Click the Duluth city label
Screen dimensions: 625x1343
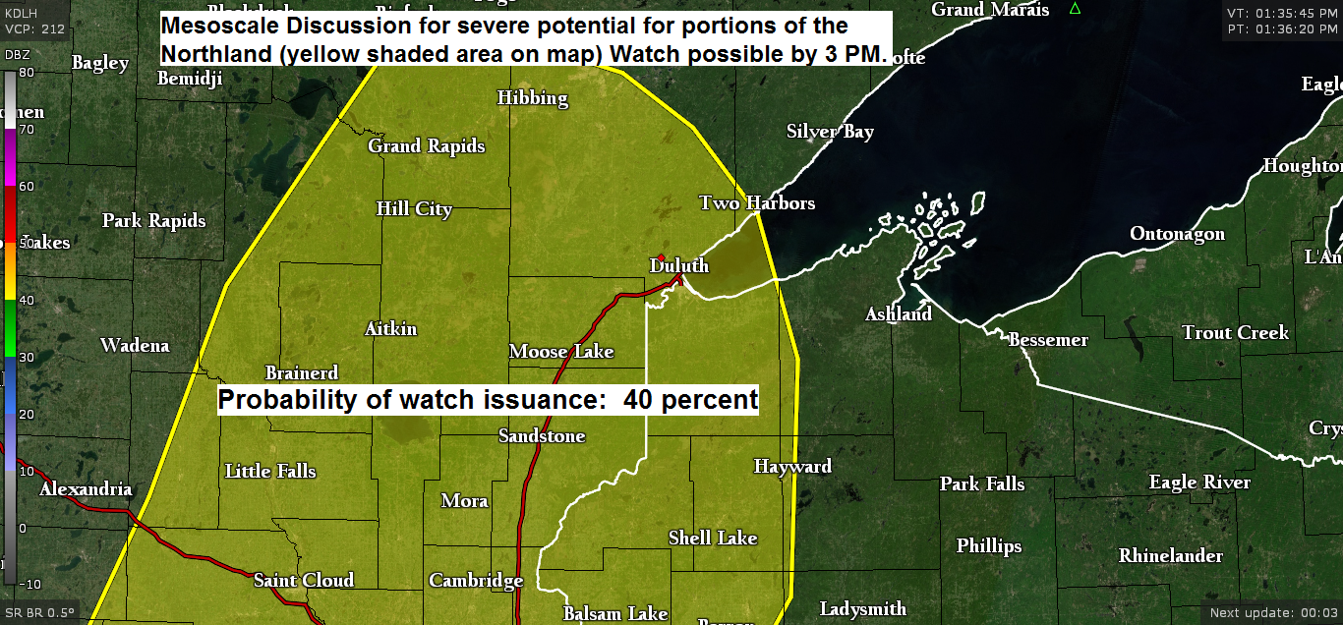[679, 266]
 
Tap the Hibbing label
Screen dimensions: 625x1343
[532, 98]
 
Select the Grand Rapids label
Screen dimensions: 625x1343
[427, 146]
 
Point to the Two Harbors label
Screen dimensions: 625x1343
[757, 203]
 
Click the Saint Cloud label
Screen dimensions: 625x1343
[304, 581]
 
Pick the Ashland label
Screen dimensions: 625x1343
[899, 314]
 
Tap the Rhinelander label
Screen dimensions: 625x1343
[1170, 556]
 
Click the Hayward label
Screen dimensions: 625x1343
[792, 467]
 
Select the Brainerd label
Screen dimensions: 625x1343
[302, 373]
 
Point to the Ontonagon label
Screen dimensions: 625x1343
[1177, 234]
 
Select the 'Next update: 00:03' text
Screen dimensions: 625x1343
[1273, 613]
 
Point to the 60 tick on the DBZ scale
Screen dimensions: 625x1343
[27, 186]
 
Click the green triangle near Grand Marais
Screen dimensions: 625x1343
[1075, 9]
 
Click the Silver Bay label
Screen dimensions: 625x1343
[830, 132]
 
